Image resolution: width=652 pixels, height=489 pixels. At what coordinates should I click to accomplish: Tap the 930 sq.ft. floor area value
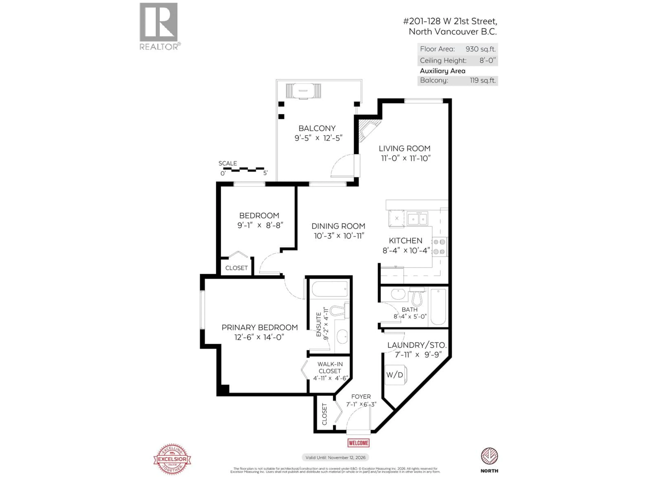pos(481,49)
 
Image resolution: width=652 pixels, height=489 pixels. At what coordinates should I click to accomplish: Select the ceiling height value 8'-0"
pos(487,60)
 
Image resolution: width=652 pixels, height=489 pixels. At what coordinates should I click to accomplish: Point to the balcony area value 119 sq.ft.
pos(483,80)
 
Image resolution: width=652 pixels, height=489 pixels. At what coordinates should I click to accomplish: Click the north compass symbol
pos(489,456)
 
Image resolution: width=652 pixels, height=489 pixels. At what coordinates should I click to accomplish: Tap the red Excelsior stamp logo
pos(172,459)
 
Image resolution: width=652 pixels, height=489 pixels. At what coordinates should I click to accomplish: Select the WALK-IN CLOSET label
pos(330,368)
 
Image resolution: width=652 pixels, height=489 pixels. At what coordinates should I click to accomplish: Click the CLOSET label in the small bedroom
pos(236,268)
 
